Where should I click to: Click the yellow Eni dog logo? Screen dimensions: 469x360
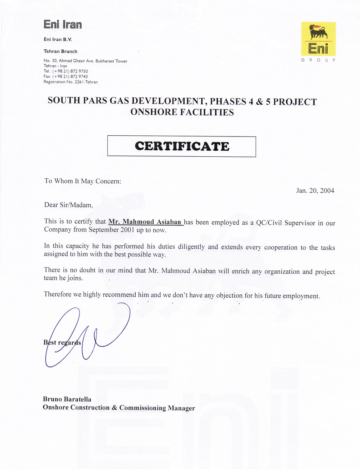click(x=318, y=38)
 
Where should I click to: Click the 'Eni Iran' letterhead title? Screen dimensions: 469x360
click(x=63, y=24)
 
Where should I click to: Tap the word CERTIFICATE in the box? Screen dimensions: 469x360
click(x=182, y=146)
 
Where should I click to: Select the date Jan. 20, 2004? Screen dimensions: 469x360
click(x=315, y=191)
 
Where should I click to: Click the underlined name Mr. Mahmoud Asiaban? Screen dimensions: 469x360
click(x=145, y=222)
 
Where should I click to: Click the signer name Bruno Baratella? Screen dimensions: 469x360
click(x=67, y=399)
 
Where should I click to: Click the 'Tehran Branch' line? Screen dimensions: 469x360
click(x=60, y=52)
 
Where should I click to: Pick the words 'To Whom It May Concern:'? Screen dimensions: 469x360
click(x=83, y=181)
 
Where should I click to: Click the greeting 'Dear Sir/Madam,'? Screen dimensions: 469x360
click(x=69, y=205)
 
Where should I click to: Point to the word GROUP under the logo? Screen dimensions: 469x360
click(x=318, y=60)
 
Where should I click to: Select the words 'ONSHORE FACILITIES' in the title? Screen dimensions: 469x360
click(x=182, y=112)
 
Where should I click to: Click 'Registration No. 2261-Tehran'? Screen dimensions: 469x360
click(x=70, y=82)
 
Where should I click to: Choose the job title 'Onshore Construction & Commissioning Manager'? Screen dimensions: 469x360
click(x=119, y=408)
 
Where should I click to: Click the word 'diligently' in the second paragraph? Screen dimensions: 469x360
click(x=191, y=247)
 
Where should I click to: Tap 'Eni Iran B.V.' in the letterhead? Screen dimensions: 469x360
click(x=58, y=40)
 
